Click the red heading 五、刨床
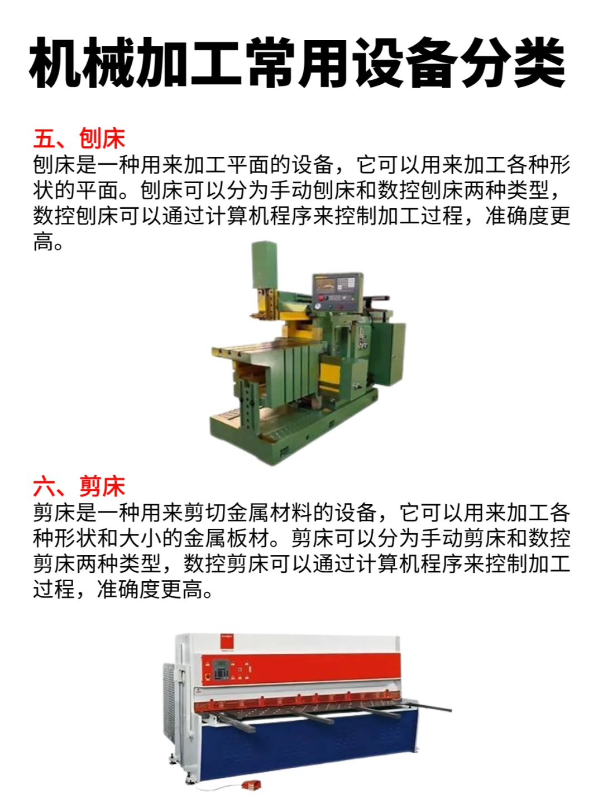point(79,138)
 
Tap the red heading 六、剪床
point(79,486)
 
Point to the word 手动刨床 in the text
point(312,190)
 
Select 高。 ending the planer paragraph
point(48,242)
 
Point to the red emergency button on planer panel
point(319,306)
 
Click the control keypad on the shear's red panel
point(222,669)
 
